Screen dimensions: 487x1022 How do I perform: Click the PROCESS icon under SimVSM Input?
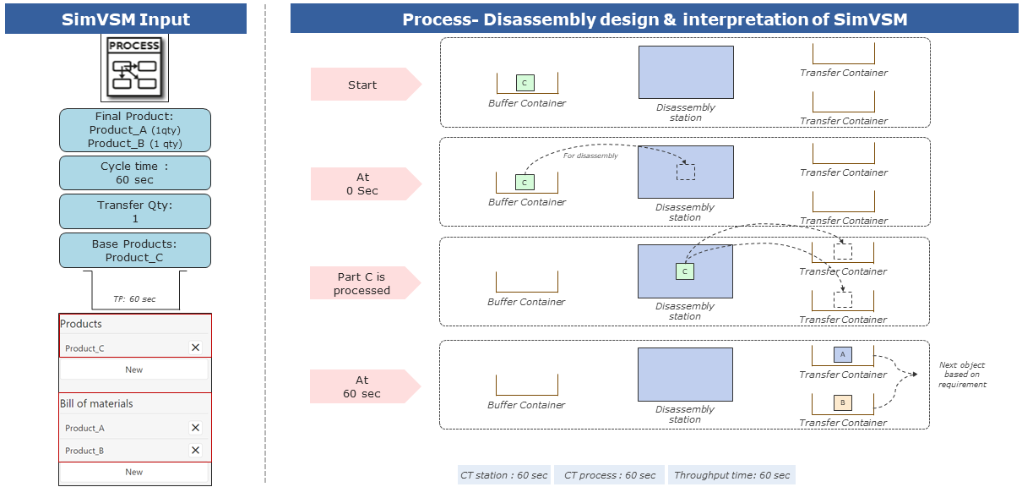135,69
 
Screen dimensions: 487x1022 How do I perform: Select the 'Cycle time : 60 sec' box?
135,173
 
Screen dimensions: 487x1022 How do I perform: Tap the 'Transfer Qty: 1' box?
135,211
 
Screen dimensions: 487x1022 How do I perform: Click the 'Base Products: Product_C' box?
135,250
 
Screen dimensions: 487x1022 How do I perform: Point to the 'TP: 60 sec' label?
134,299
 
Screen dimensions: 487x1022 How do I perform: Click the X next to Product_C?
195,347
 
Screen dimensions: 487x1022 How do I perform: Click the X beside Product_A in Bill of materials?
195,428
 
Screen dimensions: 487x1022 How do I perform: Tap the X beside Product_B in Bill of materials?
195,451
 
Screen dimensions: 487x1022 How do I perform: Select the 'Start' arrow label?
364,85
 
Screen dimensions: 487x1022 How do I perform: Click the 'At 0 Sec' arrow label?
364,183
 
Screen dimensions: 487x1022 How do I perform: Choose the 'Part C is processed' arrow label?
364,283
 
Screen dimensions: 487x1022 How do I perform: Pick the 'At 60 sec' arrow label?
364,386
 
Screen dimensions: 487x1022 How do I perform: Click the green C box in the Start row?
525,83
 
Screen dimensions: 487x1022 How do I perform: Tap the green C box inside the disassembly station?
685,271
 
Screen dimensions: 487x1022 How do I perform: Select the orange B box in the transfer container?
842,402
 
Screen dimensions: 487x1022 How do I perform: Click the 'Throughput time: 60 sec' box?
731,475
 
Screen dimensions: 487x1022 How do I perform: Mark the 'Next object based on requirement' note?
961,375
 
